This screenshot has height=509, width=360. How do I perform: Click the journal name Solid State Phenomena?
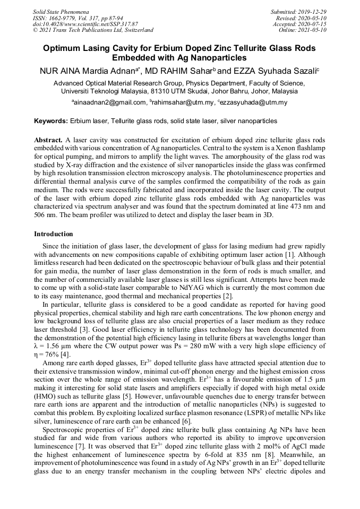(61, 11)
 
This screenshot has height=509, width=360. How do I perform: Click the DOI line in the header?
(85, 24)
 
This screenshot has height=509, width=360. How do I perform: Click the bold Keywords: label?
(52, 122)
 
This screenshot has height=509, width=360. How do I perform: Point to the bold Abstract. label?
(48, 139)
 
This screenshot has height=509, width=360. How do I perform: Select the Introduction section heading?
(54, 234)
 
